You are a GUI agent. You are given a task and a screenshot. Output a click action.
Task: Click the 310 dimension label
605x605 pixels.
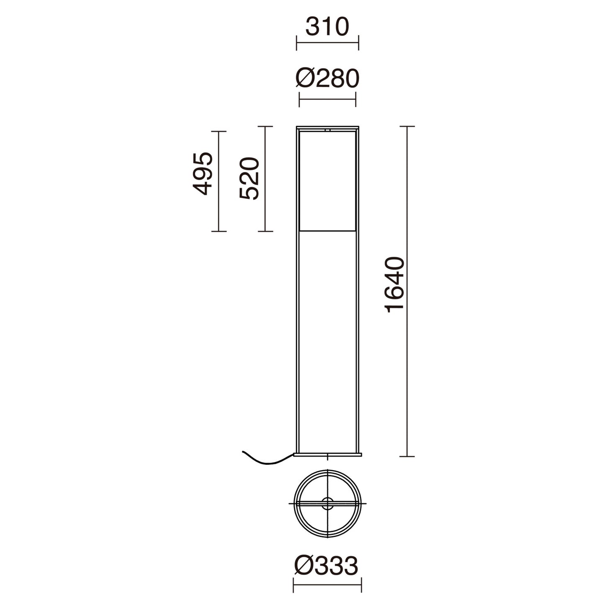coord(327,27)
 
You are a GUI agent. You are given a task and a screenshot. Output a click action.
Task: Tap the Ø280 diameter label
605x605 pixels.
coord(327,78)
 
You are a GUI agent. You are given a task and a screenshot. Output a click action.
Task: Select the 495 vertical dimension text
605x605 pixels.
coord(203,173)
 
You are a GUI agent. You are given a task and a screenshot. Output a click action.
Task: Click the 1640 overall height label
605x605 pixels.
coord(395,284)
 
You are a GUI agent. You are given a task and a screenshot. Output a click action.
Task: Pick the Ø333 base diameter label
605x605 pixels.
coord(327,566)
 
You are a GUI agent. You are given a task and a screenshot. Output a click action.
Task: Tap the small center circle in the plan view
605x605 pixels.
coord(327,504)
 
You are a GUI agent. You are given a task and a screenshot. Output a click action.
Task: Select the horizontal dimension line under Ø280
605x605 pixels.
coord(327,99)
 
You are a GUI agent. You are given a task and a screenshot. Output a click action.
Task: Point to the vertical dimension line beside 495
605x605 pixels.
coord(219,181)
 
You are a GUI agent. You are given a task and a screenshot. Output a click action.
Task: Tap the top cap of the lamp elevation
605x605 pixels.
coord(327,127)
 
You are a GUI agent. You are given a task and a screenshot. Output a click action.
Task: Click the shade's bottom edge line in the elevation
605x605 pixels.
coord(327,231)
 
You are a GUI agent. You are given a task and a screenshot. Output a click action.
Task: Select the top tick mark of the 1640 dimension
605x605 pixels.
coord(407,126)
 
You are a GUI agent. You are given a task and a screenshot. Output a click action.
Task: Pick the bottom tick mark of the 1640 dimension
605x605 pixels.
coord(407,456)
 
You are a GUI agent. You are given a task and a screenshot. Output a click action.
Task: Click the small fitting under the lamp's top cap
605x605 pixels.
coord(327,130)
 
